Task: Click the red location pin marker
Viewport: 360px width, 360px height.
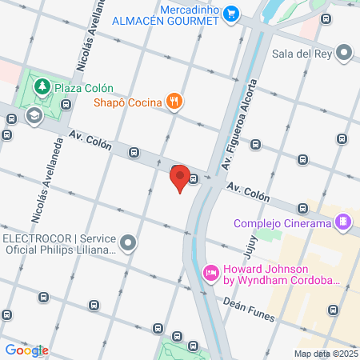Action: click(181, 178)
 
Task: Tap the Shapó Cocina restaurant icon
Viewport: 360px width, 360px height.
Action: click(174, 101)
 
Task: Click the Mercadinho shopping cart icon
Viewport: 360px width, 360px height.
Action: click(231, 13)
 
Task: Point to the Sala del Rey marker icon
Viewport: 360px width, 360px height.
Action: click(344, 54)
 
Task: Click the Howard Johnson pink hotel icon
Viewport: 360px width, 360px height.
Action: click(211, 274)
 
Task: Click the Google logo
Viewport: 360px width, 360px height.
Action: click(26, 350)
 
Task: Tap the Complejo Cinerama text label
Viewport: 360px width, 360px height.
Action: click(282, 222)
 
